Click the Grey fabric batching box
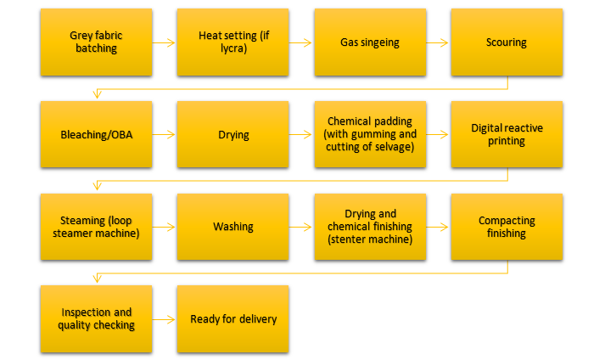96,42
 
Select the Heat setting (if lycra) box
233,42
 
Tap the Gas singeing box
370,42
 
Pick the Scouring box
507,42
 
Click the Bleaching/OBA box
96,134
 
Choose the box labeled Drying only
233,134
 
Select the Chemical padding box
370,134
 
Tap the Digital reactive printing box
507,134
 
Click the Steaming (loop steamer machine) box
96,227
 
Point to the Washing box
233,227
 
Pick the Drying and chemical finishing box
370,227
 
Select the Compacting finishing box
507,227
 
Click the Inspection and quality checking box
96,319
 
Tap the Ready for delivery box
233,319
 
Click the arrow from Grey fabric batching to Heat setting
165,42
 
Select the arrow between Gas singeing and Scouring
438,42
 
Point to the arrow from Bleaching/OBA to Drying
165,134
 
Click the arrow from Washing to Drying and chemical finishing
301,227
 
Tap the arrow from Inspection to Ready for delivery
165,319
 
